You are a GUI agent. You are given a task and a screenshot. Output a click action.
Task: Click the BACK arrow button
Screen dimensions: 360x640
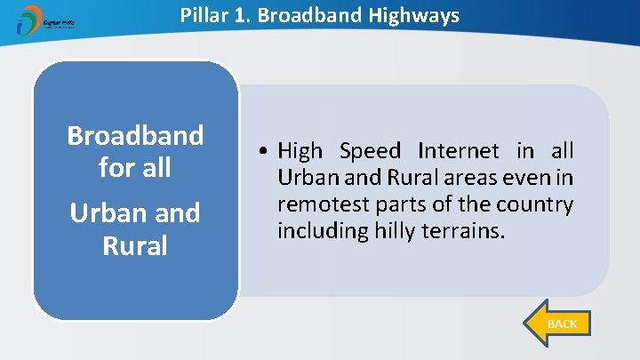point(555,324)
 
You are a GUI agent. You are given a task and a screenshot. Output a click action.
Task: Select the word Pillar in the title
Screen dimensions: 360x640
point(204,15)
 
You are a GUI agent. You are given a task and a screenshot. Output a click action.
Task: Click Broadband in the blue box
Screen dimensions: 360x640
point(135,136)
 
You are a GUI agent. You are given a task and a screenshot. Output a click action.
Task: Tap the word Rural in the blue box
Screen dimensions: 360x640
point(135,245)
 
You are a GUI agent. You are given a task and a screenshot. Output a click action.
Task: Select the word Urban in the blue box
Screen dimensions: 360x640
point(107,213)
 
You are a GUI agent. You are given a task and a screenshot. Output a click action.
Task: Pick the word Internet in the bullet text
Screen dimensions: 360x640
point(460,151)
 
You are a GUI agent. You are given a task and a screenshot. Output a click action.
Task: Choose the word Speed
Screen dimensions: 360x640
point(370,151)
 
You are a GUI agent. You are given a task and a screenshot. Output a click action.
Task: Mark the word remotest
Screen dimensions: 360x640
point(324,204)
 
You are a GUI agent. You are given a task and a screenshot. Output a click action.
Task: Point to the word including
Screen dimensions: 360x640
point(316,231)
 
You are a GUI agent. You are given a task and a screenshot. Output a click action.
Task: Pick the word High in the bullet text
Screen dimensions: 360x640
point(300,151)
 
